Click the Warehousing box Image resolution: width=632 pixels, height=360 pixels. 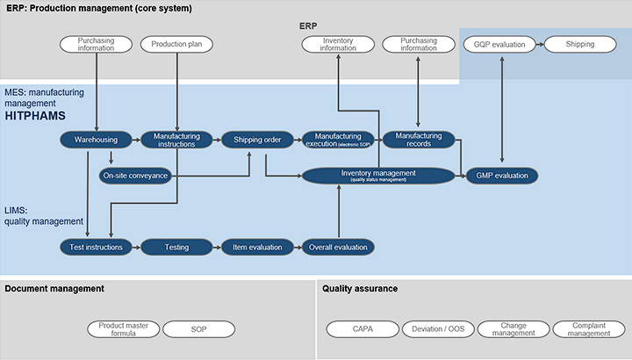[95, 139]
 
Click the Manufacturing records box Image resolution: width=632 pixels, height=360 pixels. [419, 139]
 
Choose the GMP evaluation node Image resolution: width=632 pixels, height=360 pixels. [501, 176]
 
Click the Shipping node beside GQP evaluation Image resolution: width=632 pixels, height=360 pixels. [579, 43]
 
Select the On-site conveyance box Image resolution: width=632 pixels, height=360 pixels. [135, 176]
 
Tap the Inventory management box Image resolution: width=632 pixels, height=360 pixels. [378, 175]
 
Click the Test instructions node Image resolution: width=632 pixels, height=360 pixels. [96, 248]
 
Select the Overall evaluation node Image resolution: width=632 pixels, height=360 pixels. [338, 248]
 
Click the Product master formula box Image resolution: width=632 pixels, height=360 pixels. [123, 329]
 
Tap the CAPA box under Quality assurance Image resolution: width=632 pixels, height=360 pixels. [362, 329]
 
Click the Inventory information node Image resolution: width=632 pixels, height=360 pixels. [338, 43]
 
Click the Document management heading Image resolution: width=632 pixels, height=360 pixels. [54, 288]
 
